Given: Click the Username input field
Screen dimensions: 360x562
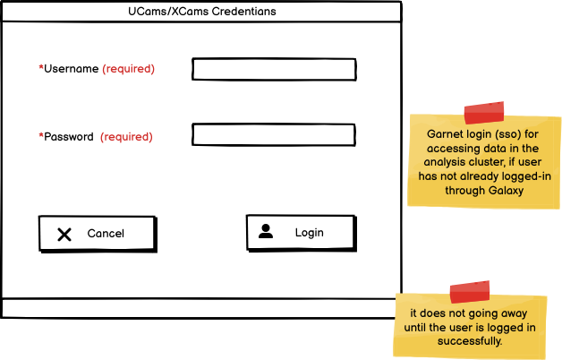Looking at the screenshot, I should click(x=274, y=69).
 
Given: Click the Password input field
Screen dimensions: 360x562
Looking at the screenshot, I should click(x=274, y=135).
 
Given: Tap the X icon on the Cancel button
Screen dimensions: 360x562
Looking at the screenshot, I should click(x=64, y=234).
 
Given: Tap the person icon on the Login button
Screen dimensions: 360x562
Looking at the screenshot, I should click(x=266, y=231).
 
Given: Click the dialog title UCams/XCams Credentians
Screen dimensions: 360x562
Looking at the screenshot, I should click(x=201, y=12).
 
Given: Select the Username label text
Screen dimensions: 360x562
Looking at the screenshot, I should click(x=71, y=69).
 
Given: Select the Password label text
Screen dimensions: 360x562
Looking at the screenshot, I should click(x=69, y=137).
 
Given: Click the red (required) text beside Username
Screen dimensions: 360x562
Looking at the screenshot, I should click(x=128, y=69).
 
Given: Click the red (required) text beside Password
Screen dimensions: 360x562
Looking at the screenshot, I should click(x=126, y=137).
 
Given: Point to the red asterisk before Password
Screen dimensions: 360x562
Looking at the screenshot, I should click(x=41, y=137).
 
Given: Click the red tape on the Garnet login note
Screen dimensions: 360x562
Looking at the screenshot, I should click(x=483, y=113).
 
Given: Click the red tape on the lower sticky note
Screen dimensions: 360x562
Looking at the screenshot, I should click(x=470, y=292).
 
